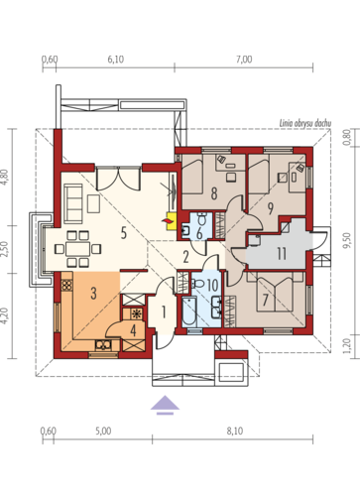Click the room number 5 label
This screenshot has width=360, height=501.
pyautogui.click(x=123, y=233)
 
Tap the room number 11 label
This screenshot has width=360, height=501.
pyautogui.click(x=282, y=254)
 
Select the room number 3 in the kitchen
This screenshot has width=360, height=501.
pyautogui.click(x=93, y=293)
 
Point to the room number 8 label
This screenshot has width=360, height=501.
pyautogui.click(x=214, y=193)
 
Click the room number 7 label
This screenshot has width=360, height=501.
pyautogui.click(x=265, y=300)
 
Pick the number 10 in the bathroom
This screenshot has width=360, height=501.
pyautogui.click(x=212, y=285)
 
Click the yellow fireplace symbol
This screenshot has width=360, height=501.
pyautogui.click(x=172, y=221)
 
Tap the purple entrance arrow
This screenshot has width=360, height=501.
pyautogui.click(x=165, y=405)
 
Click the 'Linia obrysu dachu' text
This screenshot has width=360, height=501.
pyautogui.click(x=305, y=123)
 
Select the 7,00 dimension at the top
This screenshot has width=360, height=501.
pyautogui.click(x=244, y=60)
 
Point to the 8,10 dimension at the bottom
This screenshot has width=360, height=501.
pyautogui.click(x=235, y=432)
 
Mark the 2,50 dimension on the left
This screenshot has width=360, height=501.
pyautogui.click(x=4, y=249)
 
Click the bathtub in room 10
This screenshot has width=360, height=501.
pyautogui.click(x=189, y=312)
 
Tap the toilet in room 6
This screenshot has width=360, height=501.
pyautogui.click(x=202, y=218)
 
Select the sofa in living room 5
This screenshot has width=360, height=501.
pyautogui.click(x=73, y=203)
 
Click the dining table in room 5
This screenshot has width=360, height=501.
pyautogui.click(x=78, y=249)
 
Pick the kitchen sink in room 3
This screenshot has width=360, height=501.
pyautogui.click(x=103, y=345)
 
